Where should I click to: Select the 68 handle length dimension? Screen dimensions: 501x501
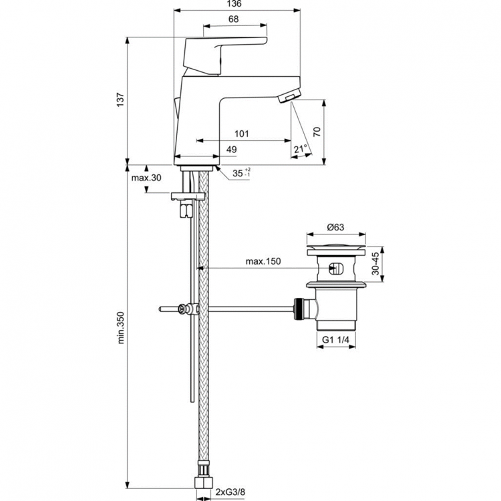pyautogui.click(x=234, y=19)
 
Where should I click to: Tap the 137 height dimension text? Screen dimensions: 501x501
pyautogui.click(x=121, y=99)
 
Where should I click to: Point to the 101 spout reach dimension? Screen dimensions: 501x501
pyautogui.click(x=242, y=134)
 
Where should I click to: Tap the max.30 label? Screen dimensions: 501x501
pyautogui.click(x=146, y=178)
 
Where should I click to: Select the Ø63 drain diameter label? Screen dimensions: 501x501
pyautogui.click(x=336, y=227)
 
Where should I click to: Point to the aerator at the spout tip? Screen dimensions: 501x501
pyautogui.click(x=289, y=99)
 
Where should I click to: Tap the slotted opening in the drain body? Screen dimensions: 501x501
pyautogui.click(x=336, y=270)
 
